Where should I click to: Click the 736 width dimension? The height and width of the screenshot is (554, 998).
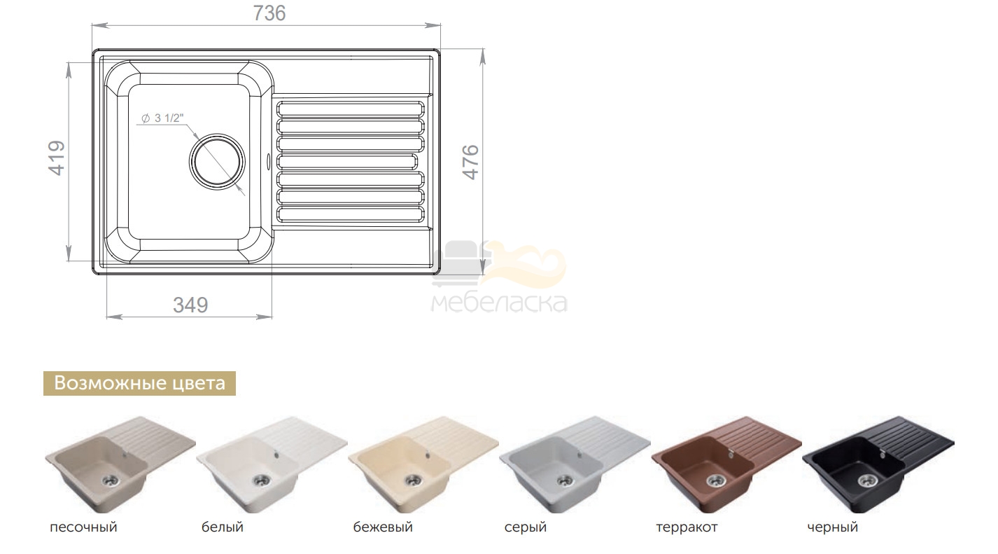pyautogui.click(x=269, y=13)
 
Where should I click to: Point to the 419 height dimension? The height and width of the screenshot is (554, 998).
pyautogui.click(x=57, y=158)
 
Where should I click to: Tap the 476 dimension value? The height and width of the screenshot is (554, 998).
pyautogui.click(x=470, y=162)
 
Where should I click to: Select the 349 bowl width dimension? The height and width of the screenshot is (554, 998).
pyautogui.click(x=190, y=305)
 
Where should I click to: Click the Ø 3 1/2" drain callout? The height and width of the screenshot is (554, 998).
pyautogui.click(x=162, y=118)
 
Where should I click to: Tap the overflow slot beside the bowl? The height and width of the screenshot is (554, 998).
pyautogui.click(x=268, y=161)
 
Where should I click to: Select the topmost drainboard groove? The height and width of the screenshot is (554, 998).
pyautogui.click(x=351, y=109)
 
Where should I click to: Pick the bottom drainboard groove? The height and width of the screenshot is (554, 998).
pyautogui.click(x=351, y=214)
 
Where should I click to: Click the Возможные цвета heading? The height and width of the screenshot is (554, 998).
pyautogui.click(x=139, y=383)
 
